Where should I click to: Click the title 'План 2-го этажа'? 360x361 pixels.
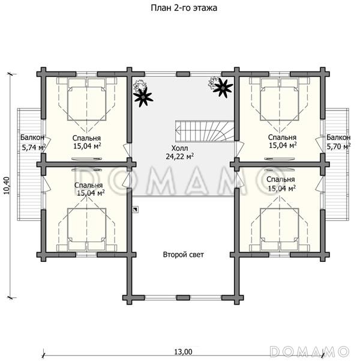coord(184,8)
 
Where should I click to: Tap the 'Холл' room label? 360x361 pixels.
coord(179,148)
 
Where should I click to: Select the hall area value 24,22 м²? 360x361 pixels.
coord(179,156)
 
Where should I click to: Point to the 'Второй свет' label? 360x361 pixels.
coord(184,255)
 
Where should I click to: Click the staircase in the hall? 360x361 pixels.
coord(205,131)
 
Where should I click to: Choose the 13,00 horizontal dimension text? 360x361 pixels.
coord(183,352)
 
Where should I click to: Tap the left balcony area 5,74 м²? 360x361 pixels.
coord(34,147)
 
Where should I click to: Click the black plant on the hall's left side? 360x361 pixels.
coord(143,97)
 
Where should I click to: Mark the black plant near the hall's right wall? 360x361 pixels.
coord(223,88)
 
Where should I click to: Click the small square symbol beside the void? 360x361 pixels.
coord(136,209)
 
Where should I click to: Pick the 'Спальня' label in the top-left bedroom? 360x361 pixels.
coord(86,138)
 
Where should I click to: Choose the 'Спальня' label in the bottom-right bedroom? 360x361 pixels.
coord(281,180)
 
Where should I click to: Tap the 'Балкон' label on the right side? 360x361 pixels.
coord(338,138)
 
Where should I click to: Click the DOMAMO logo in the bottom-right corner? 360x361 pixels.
coord(310,351)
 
